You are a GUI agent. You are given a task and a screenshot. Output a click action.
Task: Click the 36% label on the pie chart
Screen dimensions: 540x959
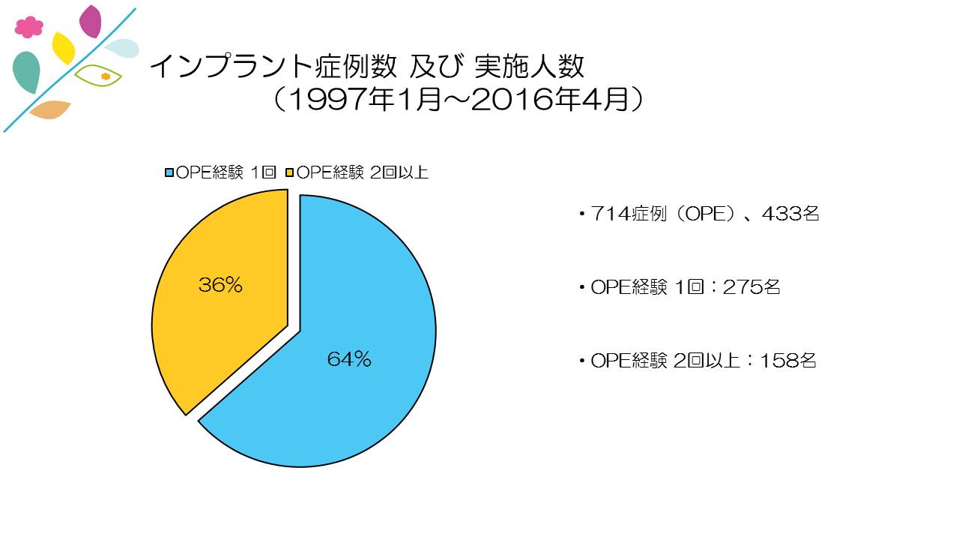coord(220,286)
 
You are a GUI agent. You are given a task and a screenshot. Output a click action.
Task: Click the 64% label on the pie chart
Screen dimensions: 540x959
coord(349,360)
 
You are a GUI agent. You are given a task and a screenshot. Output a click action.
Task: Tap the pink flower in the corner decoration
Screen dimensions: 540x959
coord(29,27)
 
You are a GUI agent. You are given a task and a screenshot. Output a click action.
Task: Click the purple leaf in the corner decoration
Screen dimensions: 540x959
coord(91,21)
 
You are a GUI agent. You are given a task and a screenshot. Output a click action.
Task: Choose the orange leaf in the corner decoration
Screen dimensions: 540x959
coord(49,109)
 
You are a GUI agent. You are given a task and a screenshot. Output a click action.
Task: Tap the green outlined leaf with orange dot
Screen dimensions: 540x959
coord(99,76)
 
